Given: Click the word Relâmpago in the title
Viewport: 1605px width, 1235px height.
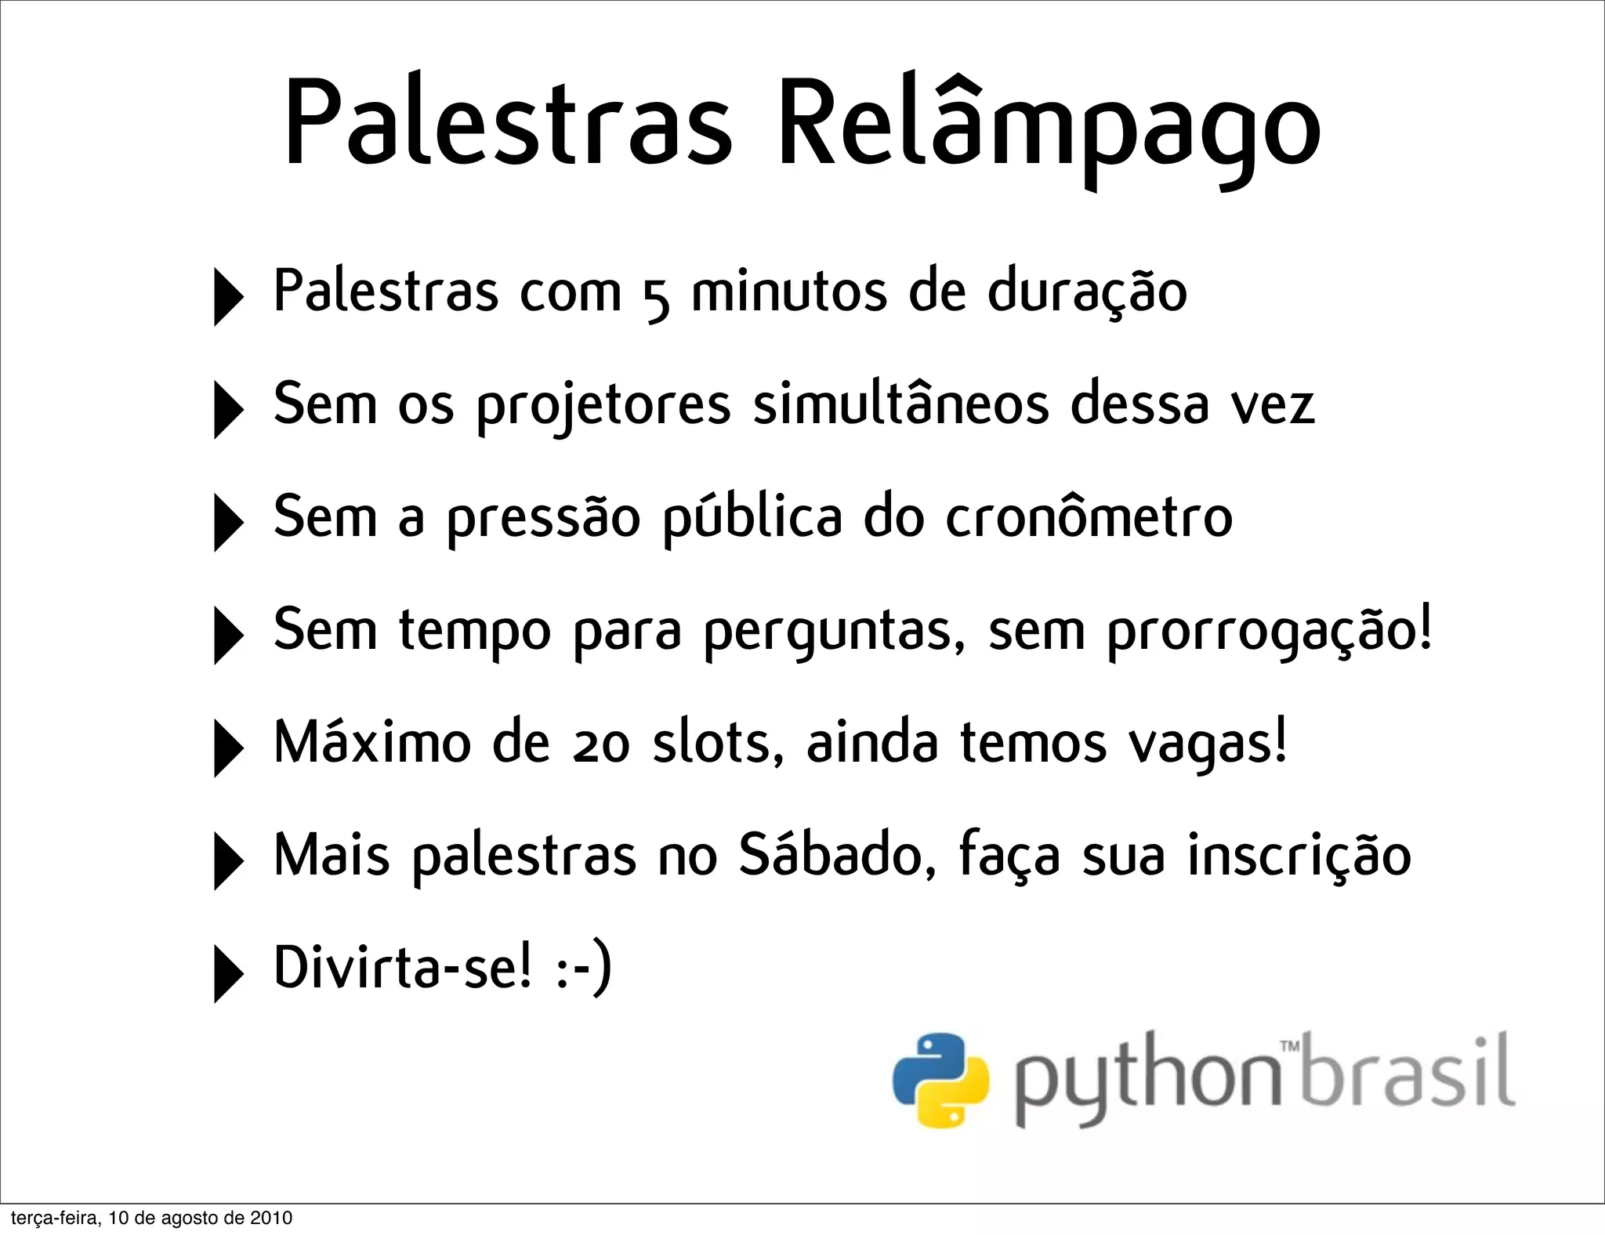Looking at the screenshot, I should coord(1048,125).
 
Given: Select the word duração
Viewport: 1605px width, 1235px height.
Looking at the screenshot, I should coord(1087,292).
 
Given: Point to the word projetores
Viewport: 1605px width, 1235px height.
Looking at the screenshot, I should coord(603,407).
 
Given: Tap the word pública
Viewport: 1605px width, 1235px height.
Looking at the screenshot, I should coord(753,519).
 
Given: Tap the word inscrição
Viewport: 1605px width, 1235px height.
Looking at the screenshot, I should coord(1299,856).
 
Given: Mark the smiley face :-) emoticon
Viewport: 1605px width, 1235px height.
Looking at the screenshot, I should coord(583,969).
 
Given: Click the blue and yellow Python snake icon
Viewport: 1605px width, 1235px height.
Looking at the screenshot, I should coord(940,1080).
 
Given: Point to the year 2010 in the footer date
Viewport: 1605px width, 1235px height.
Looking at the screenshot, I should coord(271,1218).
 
